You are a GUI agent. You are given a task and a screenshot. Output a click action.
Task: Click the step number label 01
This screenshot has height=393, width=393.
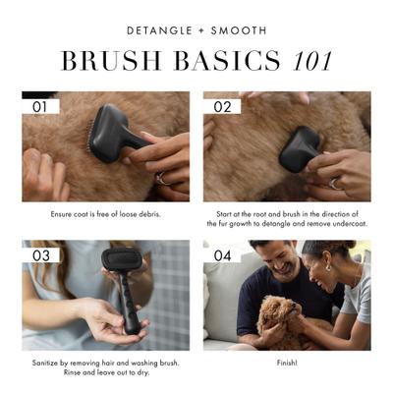[40, 106]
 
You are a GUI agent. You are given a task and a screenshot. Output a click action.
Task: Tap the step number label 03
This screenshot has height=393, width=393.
[40, 255]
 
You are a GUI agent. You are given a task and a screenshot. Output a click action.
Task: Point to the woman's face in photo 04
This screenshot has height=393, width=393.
[329, 265]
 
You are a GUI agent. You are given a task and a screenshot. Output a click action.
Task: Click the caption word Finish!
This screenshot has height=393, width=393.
[287, 363]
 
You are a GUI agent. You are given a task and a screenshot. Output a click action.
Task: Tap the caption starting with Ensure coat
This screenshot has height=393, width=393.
[105, 213]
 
